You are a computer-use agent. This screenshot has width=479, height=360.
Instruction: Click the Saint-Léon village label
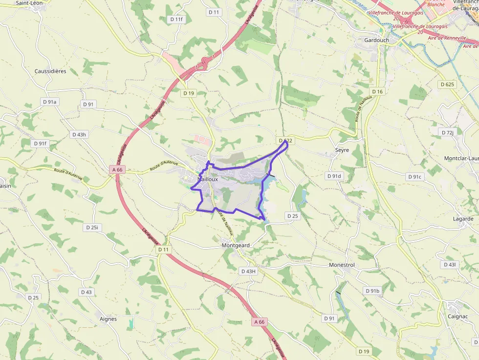tap(29, 3)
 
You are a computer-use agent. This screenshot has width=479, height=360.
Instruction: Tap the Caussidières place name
tap(50, 71)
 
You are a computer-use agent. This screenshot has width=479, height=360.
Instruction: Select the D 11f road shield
tap(176, 19)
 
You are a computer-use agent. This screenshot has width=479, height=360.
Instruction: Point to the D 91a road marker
tap(50, 102)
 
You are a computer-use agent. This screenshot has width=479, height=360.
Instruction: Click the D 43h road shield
tap(79, 134)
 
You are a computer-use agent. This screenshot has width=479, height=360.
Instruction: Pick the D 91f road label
tap(40, 144)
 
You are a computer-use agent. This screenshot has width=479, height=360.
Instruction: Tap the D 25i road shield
tap(92, 228)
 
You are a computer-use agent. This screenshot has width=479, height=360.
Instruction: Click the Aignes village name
tap(108, 319)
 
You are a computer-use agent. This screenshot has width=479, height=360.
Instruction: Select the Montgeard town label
tap(236, 245)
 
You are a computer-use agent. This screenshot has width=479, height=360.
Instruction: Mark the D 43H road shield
tap(248, 271)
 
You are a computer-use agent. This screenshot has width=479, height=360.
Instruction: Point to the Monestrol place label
tap(342, 265)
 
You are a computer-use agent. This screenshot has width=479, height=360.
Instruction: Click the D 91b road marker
tap(372, 291)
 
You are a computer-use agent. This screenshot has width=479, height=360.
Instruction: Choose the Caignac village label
tap(458, 316)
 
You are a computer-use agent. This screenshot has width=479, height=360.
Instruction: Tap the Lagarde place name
tap(463, 219)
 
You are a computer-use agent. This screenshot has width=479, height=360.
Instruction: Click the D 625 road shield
tap(447, 85)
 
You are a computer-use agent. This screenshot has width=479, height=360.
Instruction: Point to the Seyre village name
tap(342, 150)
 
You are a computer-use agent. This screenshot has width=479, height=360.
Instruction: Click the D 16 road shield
tap(377, 91)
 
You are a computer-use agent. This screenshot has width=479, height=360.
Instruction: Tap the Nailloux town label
tap(207, 179)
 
